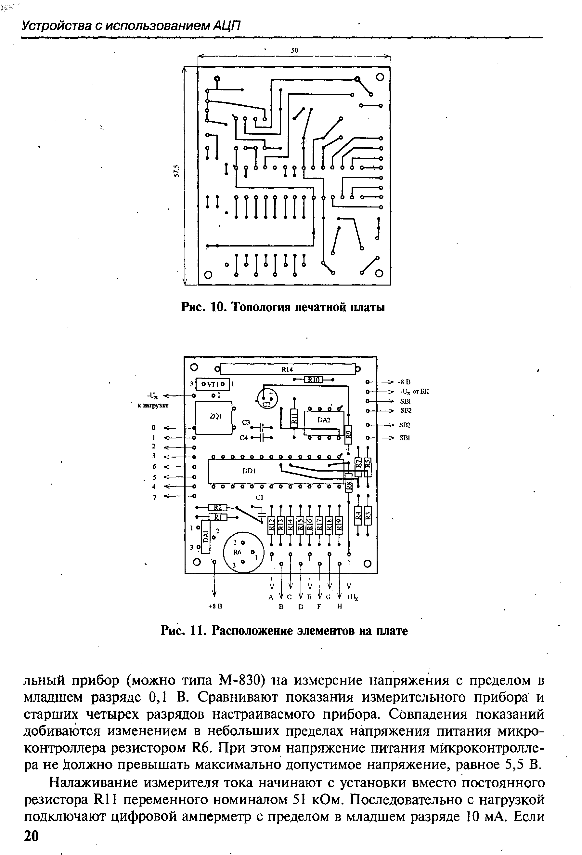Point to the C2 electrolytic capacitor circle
[x=268, y=398]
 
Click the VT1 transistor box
[x=213, y=384]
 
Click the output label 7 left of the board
[x=155, y=497]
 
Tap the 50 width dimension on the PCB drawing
[x=294, y=51]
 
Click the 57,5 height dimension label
[x=176, y=171]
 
